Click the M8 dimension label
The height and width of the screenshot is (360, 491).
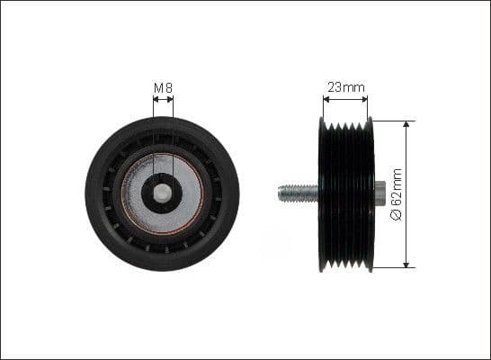pyautogui.click(x=163, y=88)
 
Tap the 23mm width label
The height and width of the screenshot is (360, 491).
pyautogui.click(x=345, y=88)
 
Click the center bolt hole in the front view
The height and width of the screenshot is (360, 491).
pyautogui.click(x=163, y=193)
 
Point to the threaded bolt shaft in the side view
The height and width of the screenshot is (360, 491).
pyautogui.click(x=298, y=193)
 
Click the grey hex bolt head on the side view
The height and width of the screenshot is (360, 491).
pyautogui.click(x=379, y=193)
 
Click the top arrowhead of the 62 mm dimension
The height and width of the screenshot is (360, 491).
pyautogui.click(x=406, y=124)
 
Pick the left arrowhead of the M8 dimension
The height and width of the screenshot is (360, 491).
pyautogui.click(x=156, y=100)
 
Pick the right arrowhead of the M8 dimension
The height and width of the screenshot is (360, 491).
pyautogui.click(x=171, y=100)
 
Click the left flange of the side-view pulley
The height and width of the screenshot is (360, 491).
pyautogui.click(x=322, y=193)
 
